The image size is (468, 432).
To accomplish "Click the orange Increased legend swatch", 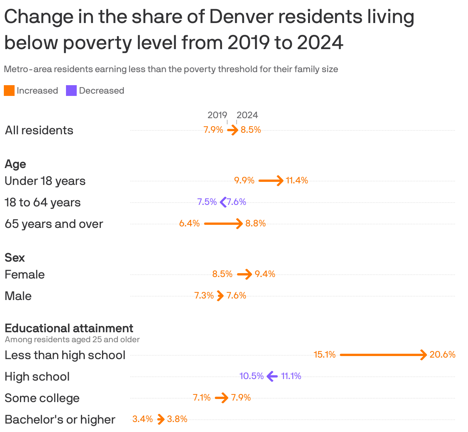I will pos(9,91).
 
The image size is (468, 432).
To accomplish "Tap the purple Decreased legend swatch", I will pos(71,91).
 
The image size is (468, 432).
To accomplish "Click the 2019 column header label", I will pos(217,115).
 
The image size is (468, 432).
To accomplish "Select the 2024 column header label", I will pos(247,115).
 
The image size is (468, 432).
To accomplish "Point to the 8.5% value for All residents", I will pos(251,130).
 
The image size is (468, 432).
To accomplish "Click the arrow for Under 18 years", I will pos(271,180).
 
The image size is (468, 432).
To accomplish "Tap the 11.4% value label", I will pos(297,180).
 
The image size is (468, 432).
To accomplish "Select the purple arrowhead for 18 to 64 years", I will pos(223,202).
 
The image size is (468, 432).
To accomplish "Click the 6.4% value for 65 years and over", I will pos(190,223).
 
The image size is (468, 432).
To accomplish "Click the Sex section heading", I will pos(15,257).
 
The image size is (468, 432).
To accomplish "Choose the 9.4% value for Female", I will pos(265,274).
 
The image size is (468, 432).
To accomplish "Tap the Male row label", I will pos(18,296).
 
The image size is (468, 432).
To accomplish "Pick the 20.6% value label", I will pos(442,355).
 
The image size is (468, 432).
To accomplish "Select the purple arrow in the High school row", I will pos(272,376).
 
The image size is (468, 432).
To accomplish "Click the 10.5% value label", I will pos(252,376).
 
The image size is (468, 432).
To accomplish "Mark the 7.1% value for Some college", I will pos(202,397).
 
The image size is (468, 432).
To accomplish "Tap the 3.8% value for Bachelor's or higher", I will pos(177,419).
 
